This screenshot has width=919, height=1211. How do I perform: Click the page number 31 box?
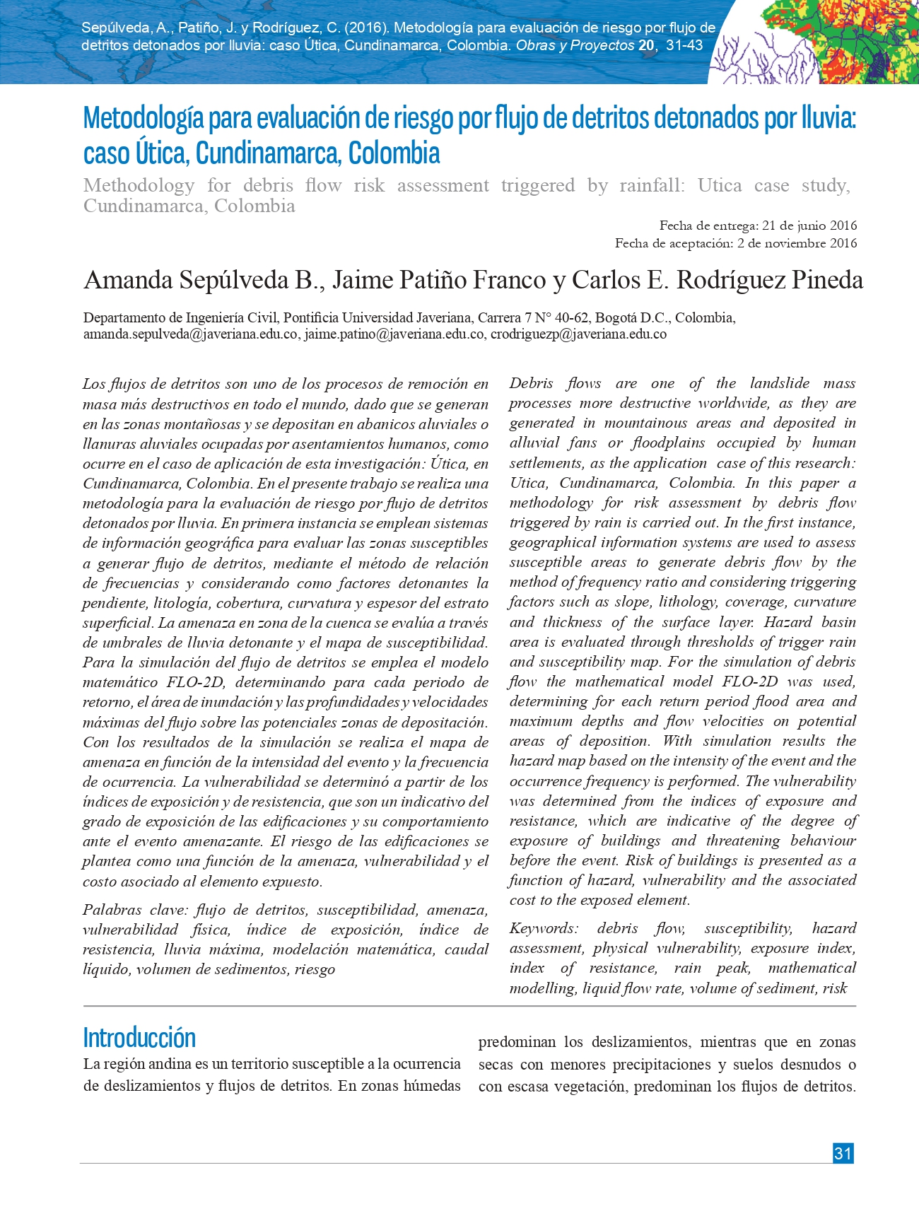(x=843, y=1153)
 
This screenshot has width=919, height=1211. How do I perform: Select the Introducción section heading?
(x=139, y=1038)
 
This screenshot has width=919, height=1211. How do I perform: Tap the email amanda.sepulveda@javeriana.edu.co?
(x=190, y=334)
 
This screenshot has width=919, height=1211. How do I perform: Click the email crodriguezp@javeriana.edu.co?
(x=578, y=334)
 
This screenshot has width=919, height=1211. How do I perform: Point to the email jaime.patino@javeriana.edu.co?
(x=394, y=334)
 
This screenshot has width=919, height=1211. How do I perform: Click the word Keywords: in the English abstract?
(x=544, y=928)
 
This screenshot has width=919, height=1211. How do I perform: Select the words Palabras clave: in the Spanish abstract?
(x=132, y=910)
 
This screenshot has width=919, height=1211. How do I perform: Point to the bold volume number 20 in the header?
(x=645, y=45)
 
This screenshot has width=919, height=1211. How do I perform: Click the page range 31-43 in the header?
(x=684, y=45)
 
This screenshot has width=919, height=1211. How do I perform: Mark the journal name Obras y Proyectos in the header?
(x=575, y=45)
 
